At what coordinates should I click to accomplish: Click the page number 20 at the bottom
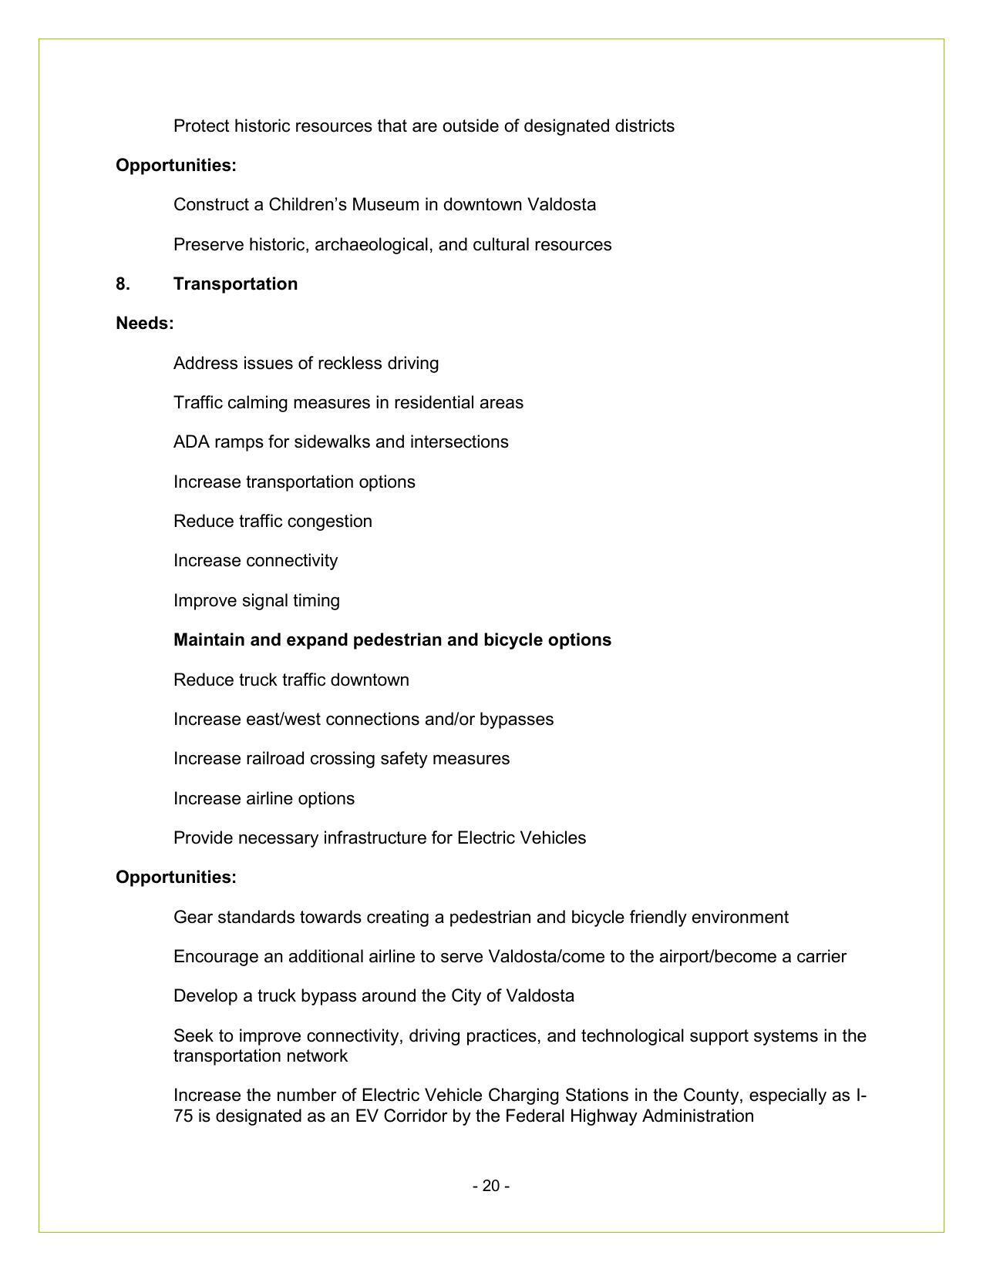(491, 1186)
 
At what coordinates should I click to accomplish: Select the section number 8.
(123, 284)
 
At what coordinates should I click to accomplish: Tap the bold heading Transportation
(235, 284)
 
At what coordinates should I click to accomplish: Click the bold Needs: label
(145, 324)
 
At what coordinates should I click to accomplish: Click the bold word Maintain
(209, 640)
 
